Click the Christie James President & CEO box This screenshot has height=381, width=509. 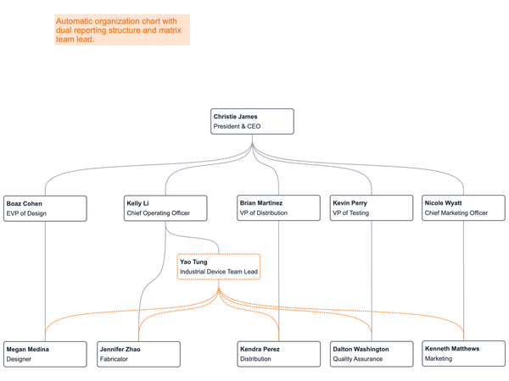coord(252,121)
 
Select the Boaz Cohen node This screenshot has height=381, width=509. coord(45,208)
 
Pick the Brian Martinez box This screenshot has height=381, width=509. coord(277,208)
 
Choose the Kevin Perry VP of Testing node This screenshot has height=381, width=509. coord(371,208)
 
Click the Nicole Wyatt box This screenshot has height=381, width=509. coord(463,208)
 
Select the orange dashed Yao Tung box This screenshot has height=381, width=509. coord(219,267)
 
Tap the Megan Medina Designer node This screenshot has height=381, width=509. coord(45,354)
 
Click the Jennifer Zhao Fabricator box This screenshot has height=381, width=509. coord(138,354)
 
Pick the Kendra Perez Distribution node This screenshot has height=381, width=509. coord(277,354)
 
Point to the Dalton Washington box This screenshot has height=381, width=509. coord(371,354)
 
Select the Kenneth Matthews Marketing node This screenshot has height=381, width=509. coord(463,353)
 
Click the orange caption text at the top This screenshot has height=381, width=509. coord(122,29)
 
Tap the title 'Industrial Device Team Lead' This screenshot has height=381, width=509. coord(217,273)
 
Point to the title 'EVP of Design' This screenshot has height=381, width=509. coord(26,214)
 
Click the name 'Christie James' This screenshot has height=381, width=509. coord(235,116)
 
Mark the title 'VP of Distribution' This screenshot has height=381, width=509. coord(264,214)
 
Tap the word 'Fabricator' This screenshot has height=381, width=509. coord(115,360)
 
